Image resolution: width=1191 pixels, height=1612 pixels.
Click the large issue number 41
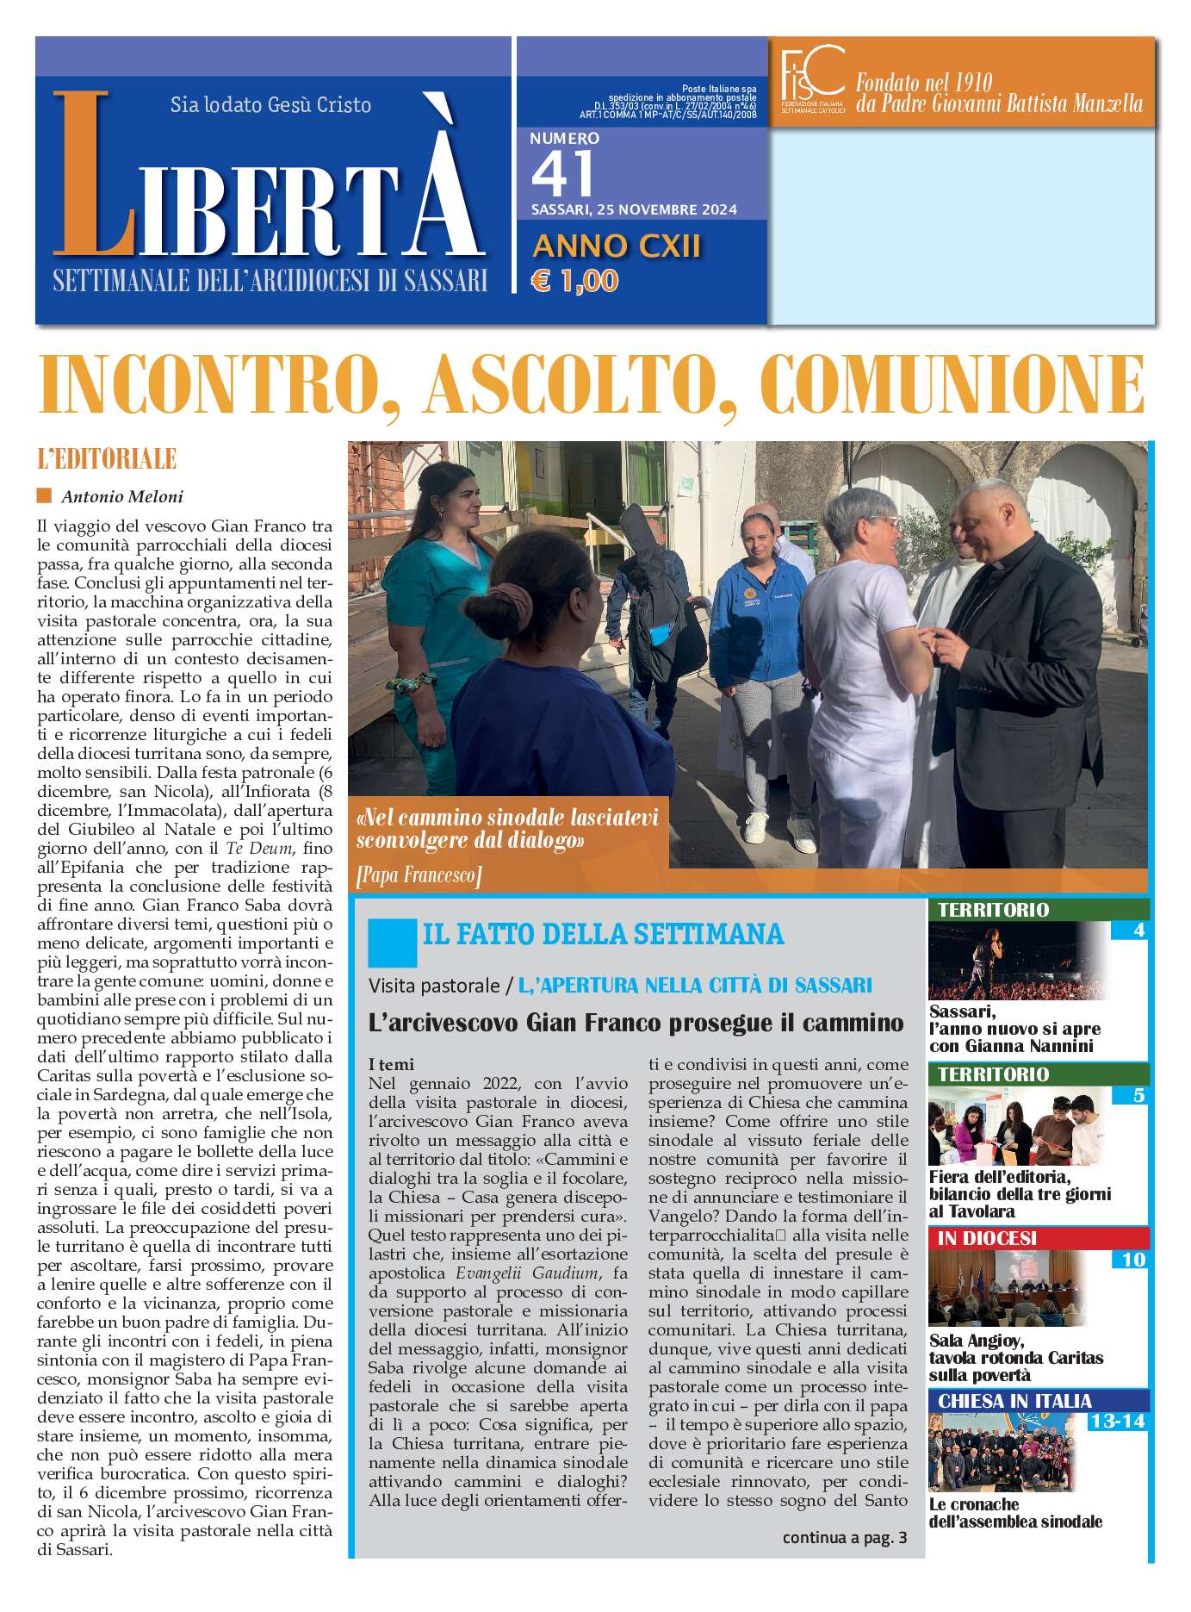563,174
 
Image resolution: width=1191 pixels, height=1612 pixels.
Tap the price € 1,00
574,281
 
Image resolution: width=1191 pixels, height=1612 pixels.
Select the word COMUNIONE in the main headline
953,385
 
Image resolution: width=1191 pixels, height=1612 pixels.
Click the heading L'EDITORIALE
107,459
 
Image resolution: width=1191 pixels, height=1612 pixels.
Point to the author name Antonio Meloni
122,497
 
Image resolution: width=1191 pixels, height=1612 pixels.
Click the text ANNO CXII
617,247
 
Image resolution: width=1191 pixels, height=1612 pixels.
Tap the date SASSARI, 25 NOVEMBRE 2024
633,210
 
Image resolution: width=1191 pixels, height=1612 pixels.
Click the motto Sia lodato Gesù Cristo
270,105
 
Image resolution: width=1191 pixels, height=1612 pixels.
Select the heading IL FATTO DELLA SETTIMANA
603,934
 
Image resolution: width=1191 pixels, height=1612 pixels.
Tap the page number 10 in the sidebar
1133,1260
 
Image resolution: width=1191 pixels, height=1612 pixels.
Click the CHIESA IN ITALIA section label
1014,1400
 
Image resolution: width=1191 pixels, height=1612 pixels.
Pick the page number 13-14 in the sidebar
1117,1421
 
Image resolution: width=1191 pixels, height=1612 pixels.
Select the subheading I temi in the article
391,1065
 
